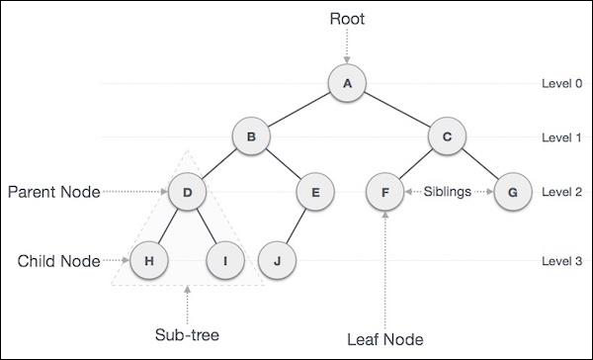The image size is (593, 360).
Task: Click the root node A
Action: coord(348,84)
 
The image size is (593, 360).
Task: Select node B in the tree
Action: coord(251,137)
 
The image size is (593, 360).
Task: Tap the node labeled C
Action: coord(446,137)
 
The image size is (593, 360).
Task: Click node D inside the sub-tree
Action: coord(187,192)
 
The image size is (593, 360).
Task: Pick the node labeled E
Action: coord(315,192)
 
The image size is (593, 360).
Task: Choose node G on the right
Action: coord(511,192)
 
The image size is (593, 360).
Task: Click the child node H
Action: coord(149,261)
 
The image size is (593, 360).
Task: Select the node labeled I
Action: coord(224,261)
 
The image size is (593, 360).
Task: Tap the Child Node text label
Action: coord(58,261)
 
